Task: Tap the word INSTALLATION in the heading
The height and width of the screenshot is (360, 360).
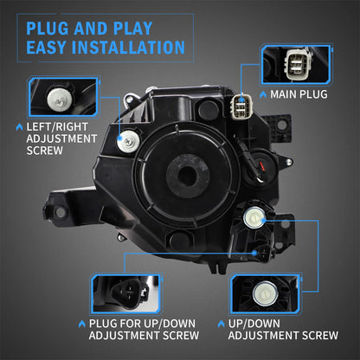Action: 131,46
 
